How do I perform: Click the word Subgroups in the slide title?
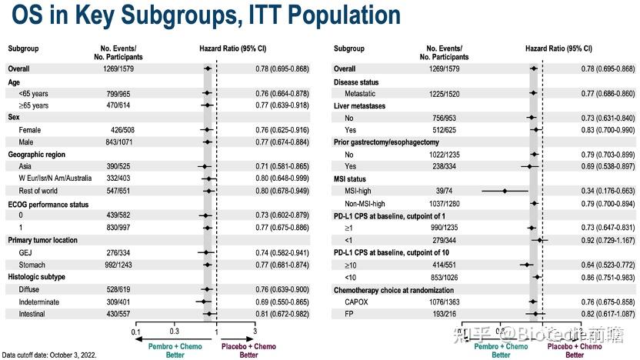point(163,16)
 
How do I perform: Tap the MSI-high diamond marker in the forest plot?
point(504,190)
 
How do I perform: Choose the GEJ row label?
point(26,252)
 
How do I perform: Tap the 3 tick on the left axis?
point(255,332)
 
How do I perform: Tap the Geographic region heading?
point(41,155)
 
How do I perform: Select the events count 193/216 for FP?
point(442,314)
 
